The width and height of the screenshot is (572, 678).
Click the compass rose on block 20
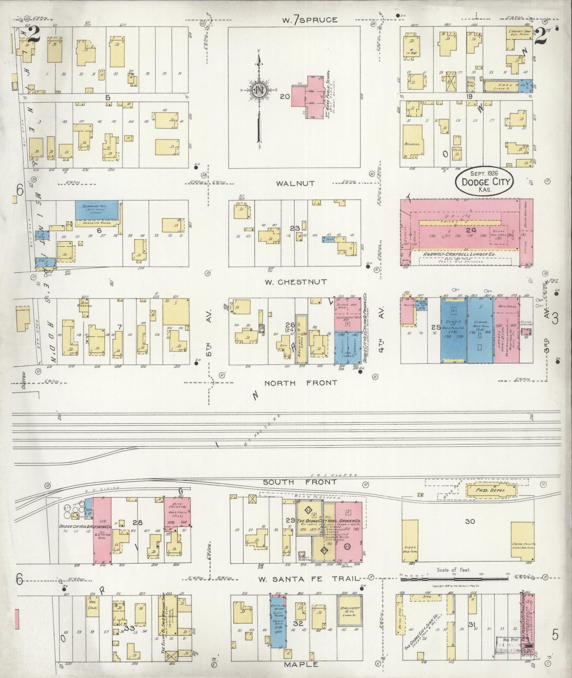pos(259,90)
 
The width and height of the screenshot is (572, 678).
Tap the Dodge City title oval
pos(484,181)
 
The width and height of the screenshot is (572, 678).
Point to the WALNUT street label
pos(296,184)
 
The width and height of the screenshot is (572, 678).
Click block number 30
pos(470,521)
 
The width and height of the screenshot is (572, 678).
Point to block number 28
pos(137,522)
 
